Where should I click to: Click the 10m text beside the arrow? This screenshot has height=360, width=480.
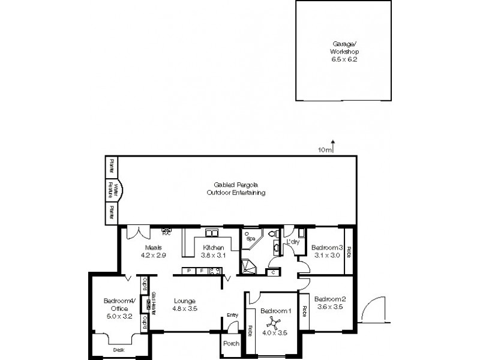[324, 150]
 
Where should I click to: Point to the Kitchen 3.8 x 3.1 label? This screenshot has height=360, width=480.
[213, 251]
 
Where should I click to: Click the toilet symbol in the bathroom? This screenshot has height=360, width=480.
[272, 234]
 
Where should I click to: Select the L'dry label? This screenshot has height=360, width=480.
[293, 241]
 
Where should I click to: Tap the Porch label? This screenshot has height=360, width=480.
[231, 344]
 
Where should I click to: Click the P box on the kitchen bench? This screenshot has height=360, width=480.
[189, 271]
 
